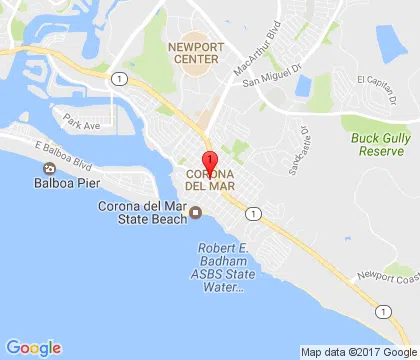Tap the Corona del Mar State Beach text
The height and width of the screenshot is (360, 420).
pos(142,213)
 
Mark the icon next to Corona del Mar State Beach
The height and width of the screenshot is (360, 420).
pos(197,211)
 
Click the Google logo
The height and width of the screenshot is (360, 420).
pos(33,347)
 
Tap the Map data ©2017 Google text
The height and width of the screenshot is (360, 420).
pos(360,352)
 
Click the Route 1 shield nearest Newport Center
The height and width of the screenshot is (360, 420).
pos(119,79)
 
